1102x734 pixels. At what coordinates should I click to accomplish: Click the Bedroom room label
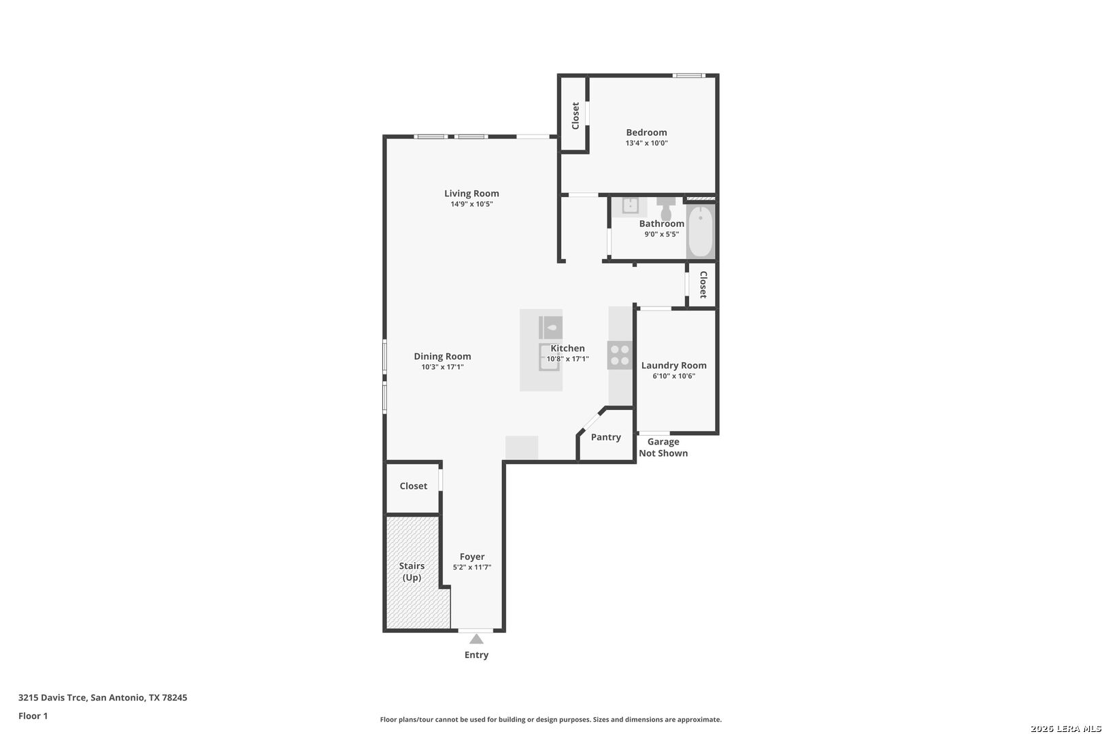[646, 133]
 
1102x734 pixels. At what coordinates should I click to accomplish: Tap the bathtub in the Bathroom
[700, 231]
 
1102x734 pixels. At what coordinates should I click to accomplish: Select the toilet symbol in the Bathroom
[666, 209]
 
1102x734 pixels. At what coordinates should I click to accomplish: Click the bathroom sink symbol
[629, 205]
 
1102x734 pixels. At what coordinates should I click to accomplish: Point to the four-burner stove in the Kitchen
[620, 355]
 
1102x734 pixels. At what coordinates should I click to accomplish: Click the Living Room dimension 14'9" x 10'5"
[471, 204]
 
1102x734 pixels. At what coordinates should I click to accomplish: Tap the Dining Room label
[442, 356]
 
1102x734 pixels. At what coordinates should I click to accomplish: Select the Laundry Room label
[673, 366]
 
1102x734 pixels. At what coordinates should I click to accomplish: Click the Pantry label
[605, 437]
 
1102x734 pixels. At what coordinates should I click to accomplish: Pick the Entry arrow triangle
[476, 639]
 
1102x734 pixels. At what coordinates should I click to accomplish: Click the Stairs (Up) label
[412, 572]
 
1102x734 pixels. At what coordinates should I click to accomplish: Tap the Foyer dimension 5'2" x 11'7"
[472, 567]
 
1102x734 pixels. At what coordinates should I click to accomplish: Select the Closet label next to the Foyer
[413, 486]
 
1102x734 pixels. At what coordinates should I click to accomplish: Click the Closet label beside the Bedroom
[575, 116]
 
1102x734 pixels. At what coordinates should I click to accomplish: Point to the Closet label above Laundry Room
[703, 284]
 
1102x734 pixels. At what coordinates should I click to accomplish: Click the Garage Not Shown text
[663, 447]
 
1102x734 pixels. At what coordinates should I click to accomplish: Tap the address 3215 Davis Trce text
[102, 697]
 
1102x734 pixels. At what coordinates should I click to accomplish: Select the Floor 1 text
[33, 716]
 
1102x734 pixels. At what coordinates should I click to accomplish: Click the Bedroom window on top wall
[688, 75]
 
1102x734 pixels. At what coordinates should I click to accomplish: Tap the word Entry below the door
[476, 655]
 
